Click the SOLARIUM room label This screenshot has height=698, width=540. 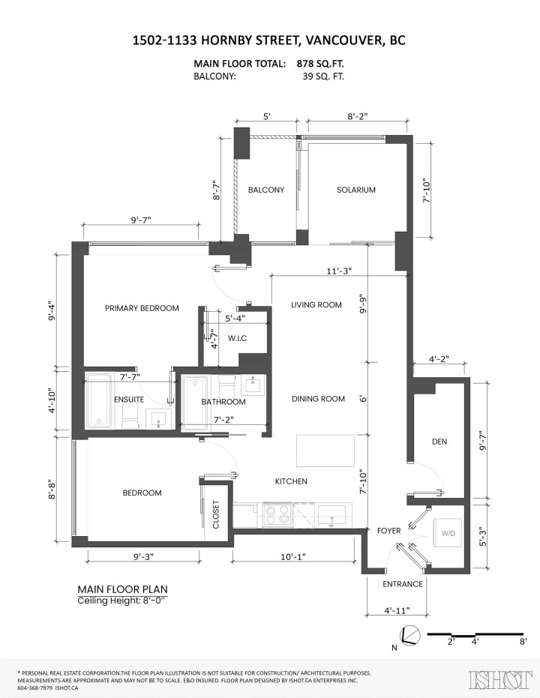[x=355, y=190]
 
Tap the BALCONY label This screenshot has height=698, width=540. [x=266, y=190]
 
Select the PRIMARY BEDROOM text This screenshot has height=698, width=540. [x=142, y=308]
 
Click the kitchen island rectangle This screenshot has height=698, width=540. [x=325, y=450]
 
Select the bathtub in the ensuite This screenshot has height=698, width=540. [x=98, y=401]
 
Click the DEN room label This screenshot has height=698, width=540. [x=439, y=442]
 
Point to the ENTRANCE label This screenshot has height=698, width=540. [x=403, y=584]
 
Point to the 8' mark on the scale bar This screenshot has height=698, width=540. [x=522, y=642]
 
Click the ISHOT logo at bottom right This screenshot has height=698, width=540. [x=496, y=679]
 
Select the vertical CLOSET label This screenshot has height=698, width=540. [x=216, y=515]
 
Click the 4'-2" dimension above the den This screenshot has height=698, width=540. [x=439, y=359]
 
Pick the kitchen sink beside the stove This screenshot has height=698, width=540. [x=331, y=514]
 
